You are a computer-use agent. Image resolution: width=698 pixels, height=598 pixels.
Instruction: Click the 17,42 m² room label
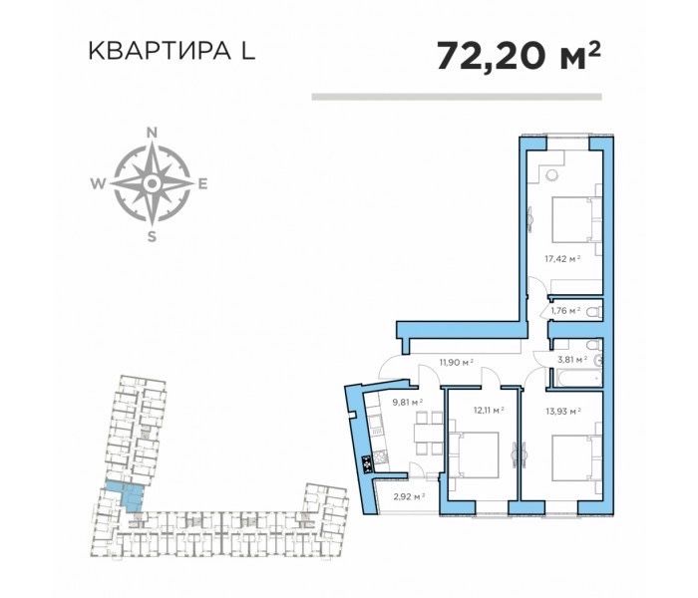point(561,257)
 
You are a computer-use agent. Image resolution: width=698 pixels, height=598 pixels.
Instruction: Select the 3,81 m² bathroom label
point(572,359)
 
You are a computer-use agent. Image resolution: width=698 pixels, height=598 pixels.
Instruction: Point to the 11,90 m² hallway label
point(457,364)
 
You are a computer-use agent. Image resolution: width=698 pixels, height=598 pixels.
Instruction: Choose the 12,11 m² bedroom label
point(488,409)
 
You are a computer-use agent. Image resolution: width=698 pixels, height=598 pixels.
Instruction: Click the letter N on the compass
point(152,132)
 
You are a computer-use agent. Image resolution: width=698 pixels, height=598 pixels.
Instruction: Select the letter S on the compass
point(152,237)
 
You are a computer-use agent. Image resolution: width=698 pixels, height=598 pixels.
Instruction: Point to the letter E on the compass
point(202,183)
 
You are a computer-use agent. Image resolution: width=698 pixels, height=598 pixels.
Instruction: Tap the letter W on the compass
point(98,183)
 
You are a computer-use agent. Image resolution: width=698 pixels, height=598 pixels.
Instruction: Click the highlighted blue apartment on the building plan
point(124,492)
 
